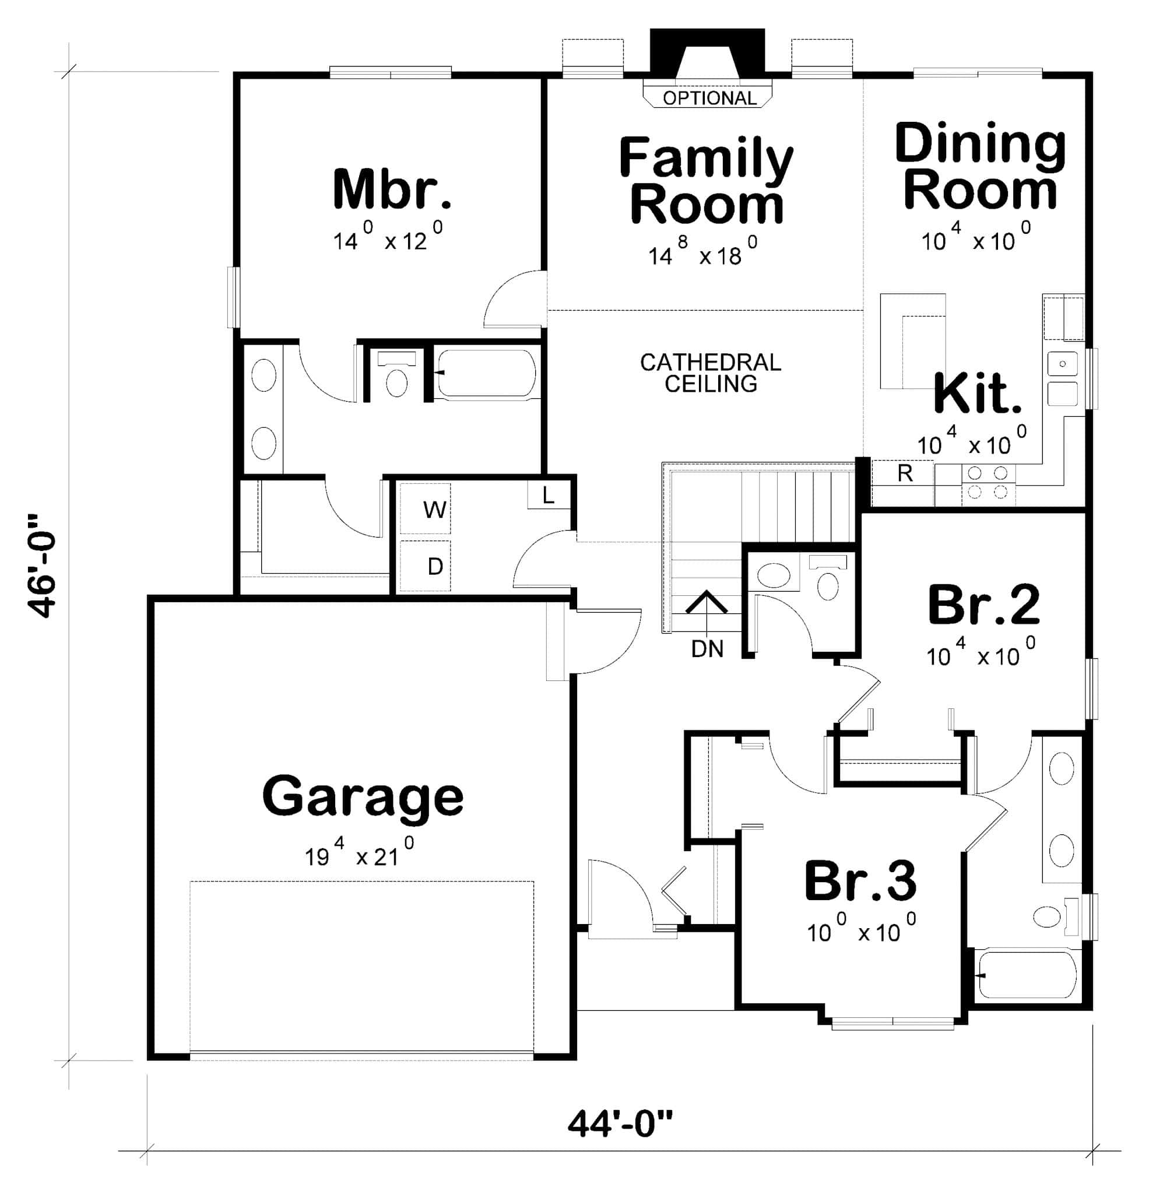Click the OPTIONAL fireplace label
[709, 97]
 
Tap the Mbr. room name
[392, 189]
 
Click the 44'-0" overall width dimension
[620, 1123]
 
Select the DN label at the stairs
[707, 649]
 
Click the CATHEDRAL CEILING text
[711, 373]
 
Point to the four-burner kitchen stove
[988, 482]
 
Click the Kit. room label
[976, 394]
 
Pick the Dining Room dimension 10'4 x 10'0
[976, 239]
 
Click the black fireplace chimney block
[707, 51]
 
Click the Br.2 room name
[983, 605]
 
